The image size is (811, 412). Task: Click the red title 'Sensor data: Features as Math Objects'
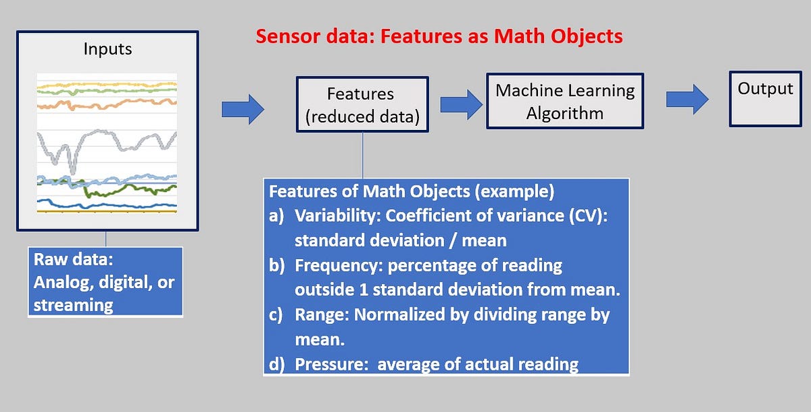click(439, 36)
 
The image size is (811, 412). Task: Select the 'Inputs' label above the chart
click(107, 49)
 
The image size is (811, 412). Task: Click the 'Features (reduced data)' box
click(362, 105)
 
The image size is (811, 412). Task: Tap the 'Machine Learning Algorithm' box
click(565, 101)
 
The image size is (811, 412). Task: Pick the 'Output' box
click(765, 97)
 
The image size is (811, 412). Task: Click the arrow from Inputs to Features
click(243, 109)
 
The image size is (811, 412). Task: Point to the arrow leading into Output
click(687, 99)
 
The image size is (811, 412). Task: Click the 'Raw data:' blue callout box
click(106, 281)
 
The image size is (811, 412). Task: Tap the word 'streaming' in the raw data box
click(74, 304)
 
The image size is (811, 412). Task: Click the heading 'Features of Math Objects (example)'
click(412, 191)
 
